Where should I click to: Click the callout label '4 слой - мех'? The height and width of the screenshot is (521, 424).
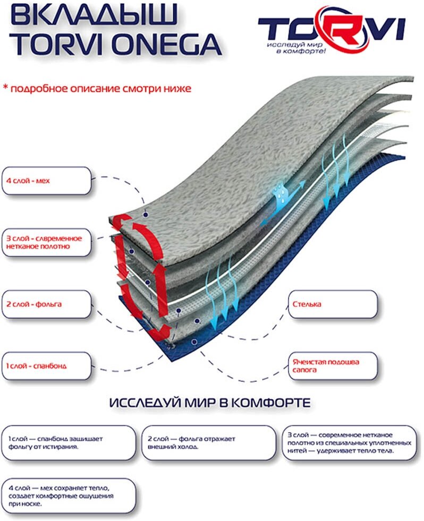(46, 181)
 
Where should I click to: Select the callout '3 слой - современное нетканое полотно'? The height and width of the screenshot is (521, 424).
(46, 243)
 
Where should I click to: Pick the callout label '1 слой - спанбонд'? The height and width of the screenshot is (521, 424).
(46, 366)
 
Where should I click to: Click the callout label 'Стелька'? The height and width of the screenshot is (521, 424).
(333, 305)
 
